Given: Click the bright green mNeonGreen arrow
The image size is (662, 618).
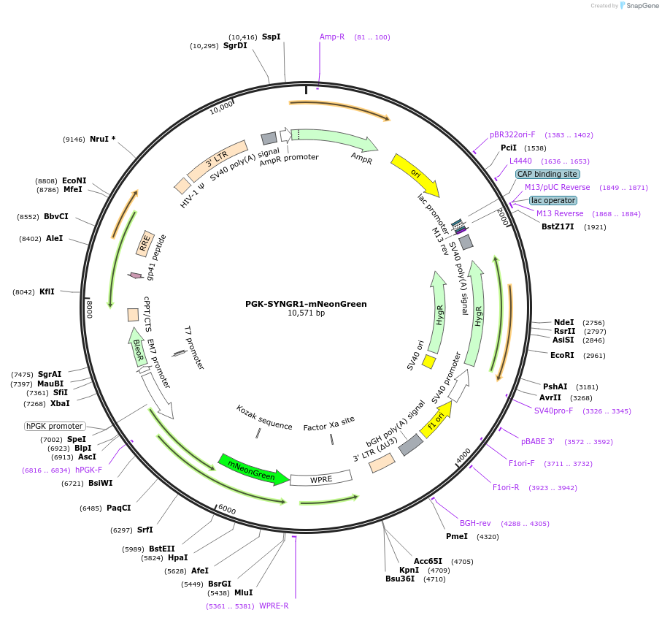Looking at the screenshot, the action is [253, 469].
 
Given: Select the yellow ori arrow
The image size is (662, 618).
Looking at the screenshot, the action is [416, 174].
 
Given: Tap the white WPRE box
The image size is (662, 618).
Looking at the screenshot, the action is [321, 478].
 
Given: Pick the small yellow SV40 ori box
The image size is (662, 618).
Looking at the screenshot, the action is [429, 362].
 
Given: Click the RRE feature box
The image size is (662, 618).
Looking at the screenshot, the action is [145, 244].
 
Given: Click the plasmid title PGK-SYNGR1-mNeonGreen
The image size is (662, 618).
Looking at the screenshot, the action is [306, 304].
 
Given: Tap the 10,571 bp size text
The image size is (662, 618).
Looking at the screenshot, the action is [306, 313].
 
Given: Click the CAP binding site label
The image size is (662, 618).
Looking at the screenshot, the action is [547, 174].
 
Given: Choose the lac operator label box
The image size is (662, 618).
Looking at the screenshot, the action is [553, 200].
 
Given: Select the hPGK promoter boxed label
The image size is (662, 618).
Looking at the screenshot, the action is [55, 426].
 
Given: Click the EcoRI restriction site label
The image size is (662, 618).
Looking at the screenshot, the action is [562, 355].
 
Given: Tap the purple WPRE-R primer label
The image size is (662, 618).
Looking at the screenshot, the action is [274, 606].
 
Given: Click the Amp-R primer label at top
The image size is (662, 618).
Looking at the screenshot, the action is [332, 37].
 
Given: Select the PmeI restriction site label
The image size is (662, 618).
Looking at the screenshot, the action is [457, 536].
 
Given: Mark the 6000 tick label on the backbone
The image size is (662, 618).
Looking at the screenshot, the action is [227, 509].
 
